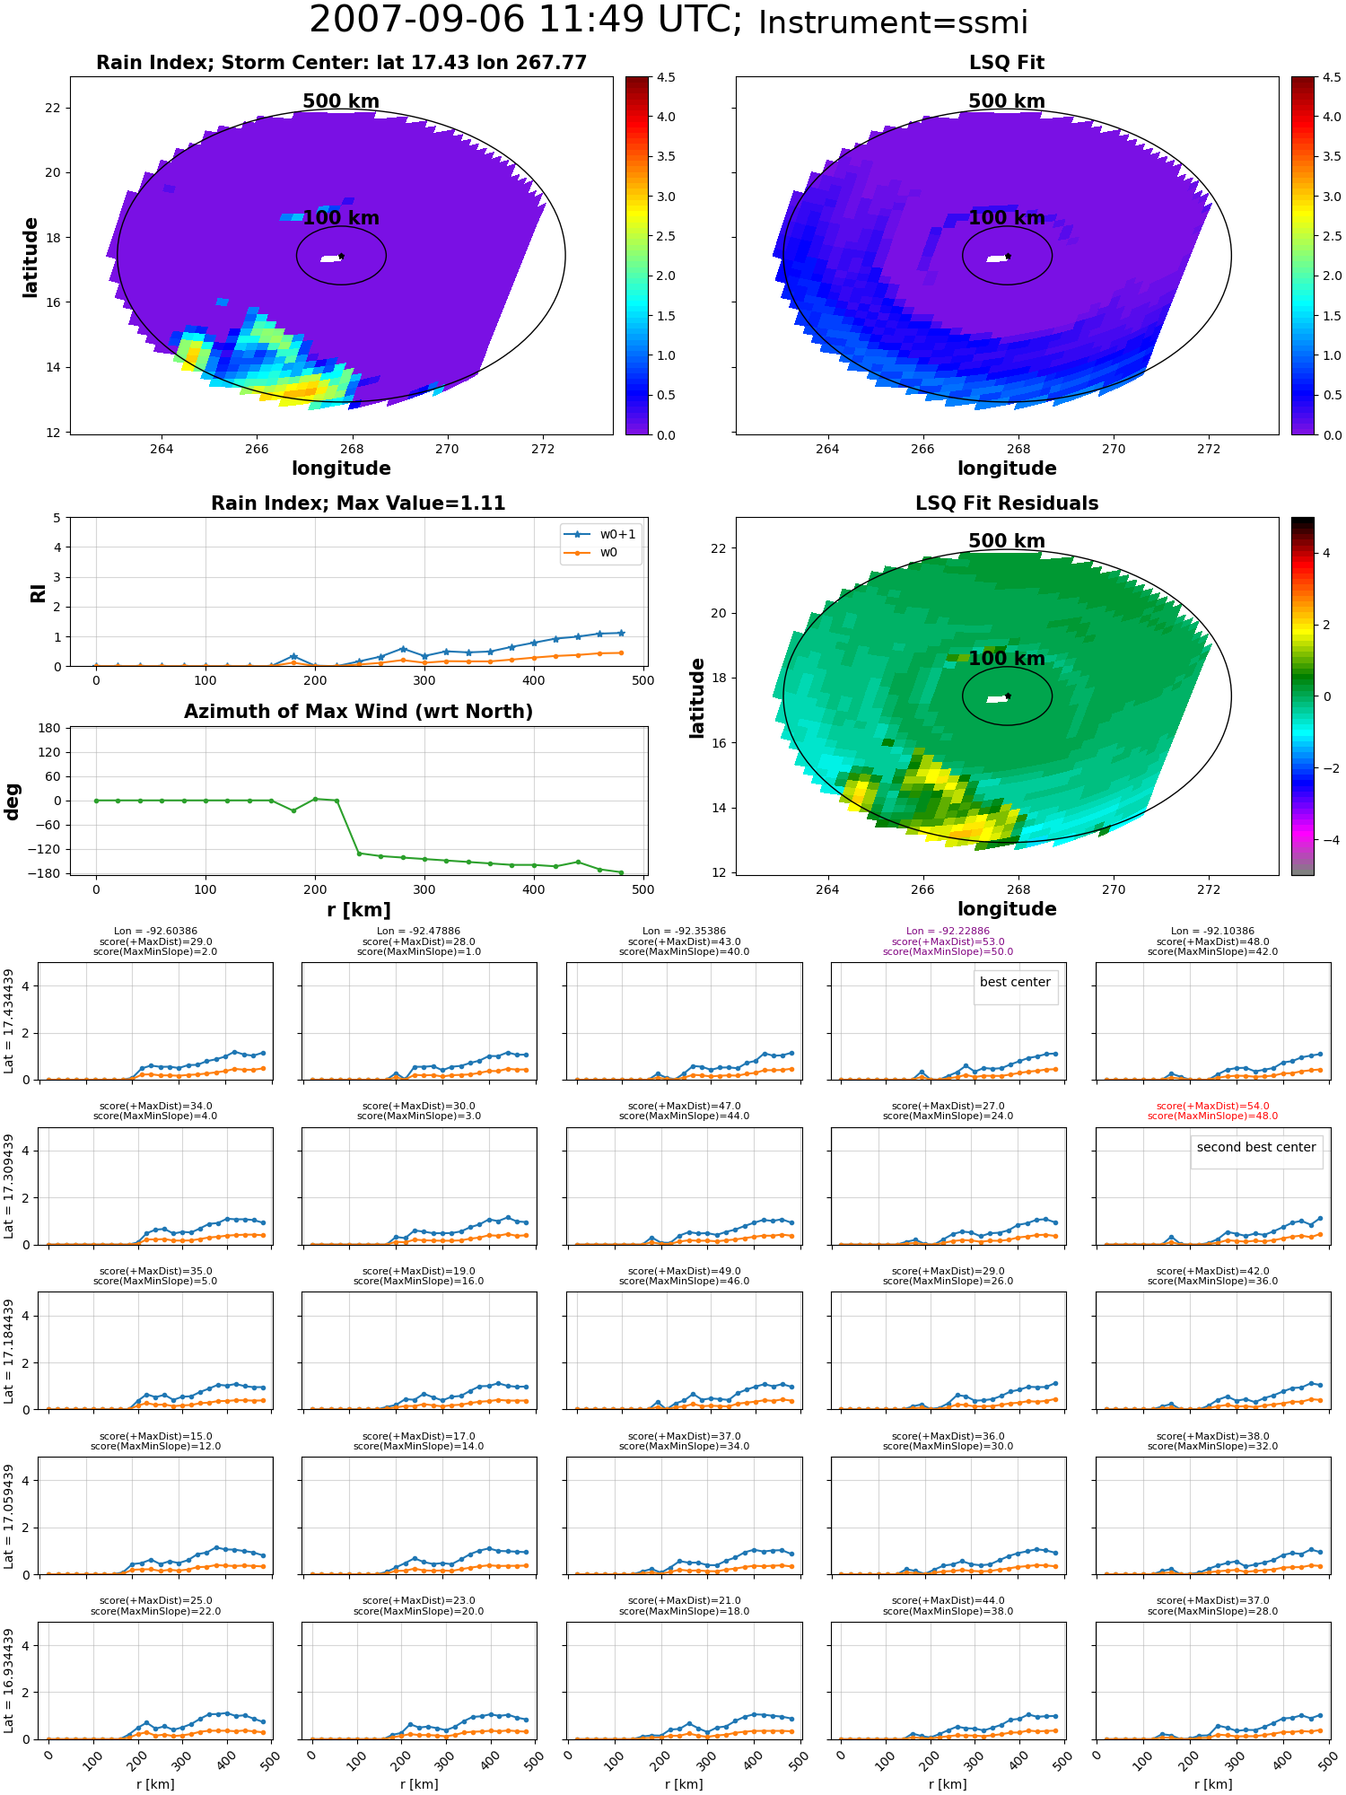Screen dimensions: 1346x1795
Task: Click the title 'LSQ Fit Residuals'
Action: (x=1007, y=503)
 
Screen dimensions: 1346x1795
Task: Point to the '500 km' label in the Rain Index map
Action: (x=341, y=101)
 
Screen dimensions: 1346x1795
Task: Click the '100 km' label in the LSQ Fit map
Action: (x=1007, y=218)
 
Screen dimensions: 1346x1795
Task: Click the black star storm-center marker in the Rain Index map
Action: (x=341, y=256)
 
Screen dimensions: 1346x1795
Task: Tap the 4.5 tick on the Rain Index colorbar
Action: (x=666, y=77)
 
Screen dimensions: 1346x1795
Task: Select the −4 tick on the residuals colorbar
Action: (x=1326, y=840)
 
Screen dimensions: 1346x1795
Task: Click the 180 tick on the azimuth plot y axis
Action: (x=50, y=728)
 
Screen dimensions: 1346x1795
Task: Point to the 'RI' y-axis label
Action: (x=39, y=592)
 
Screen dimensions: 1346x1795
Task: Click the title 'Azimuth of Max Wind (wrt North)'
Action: (x=359, y=712)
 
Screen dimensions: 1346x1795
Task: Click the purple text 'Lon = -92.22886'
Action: (x=948, y=932)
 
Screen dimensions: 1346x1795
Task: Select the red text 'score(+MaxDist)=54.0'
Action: (x=1212, y=1107)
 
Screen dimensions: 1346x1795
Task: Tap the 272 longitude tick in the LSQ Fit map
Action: (x=1209, y=450)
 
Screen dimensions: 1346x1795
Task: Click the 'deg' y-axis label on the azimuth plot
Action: (x=13, y=801)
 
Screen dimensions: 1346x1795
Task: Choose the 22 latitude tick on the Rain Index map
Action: (x=53, y=109)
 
